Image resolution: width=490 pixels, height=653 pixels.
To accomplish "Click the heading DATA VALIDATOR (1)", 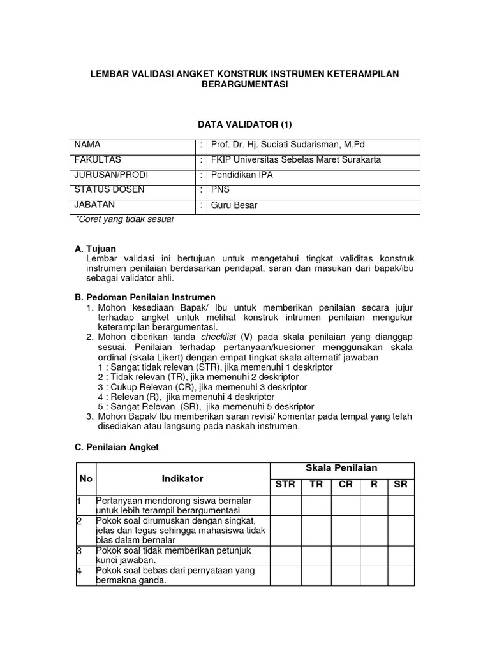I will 245,124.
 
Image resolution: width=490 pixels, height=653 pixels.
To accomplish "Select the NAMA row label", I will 87,145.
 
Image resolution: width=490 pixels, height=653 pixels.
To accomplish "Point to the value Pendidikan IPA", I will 243,175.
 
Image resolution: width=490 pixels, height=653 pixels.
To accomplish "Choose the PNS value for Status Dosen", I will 221,190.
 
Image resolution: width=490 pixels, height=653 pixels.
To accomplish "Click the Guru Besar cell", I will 235,205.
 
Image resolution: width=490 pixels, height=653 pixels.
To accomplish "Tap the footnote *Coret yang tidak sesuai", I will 124,219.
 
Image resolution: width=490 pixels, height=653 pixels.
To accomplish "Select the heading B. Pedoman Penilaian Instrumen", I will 145,297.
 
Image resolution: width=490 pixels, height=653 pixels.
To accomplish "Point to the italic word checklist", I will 219,337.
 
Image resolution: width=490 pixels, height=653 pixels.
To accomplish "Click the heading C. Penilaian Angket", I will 117,448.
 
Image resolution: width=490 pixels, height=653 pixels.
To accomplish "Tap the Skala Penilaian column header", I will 342,468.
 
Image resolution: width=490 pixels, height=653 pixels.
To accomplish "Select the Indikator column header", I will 182,478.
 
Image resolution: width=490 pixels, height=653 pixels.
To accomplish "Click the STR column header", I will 285,485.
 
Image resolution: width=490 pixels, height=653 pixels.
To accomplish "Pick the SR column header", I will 401,485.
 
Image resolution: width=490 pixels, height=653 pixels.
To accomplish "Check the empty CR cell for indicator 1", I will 346,506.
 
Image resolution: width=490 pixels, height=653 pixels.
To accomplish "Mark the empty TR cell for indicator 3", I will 316,555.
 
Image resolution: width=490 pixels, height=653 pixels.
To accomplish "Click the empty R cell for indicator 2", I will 374,531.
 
